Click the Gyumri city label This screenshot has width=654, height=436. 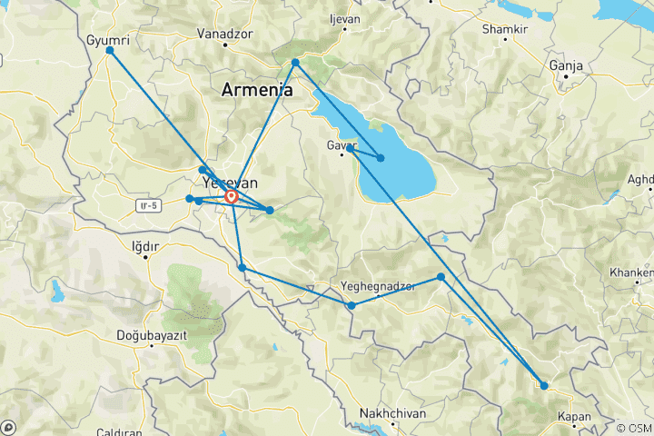tap(105, 41)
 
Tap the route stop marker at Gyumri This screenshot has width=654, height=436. tap(110, 51)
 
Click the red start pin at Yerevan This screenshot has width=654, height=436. tap(231, 196)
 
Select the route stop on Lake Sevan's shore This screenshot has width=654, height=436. tap(381, 158)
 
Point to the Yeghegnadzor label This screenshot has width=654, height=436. tap(377, 286)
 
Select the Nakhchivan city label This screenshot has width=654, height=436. tap(392, 413)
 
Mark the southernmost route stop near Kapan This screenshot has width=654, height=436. tap(544, 386)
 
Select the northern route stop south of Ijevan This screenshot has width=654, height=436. tap(296, 63)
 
